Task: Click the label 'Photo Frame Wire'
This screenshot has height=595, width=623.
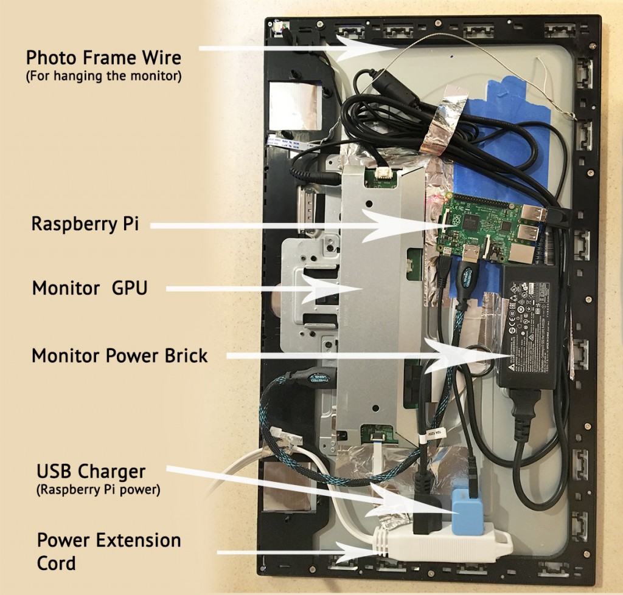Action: tap(103, 58)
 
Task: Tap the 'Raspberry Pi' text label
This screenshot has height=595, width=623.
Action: tap(85, 224)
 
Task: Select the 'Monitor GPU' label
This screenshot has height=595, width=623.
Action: tap(89, 287)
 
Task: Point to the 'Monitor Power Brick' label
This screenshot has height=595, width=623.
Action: tap(119, 355)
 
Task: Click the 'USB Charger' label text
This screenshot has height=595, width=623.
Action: tap(91, 472)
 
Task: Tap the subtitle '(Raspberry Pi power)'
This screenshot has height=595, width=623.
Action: tap(99, 490)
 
